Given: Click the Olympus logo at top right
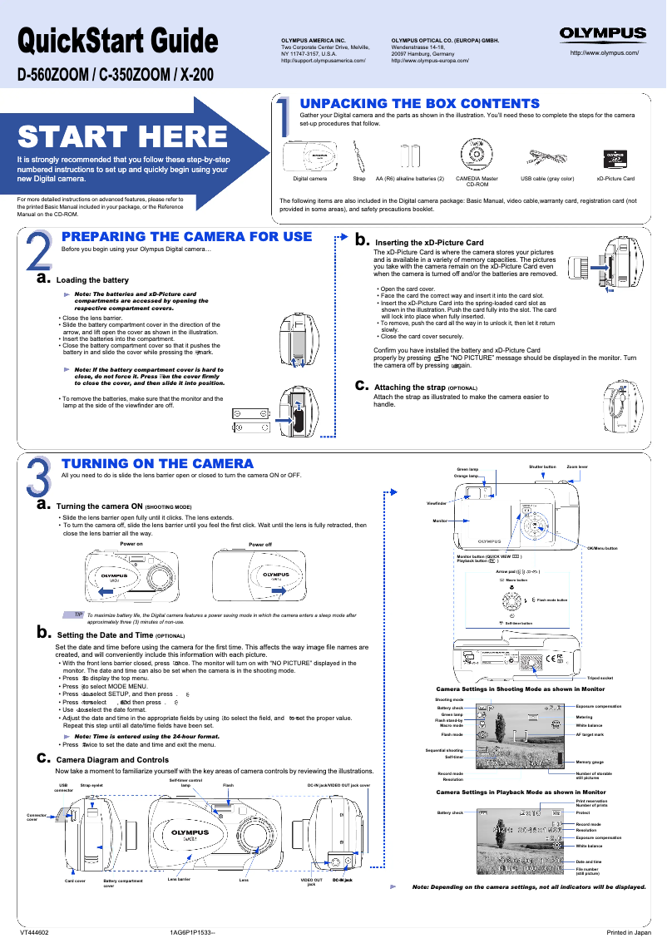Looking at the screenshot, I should coord(603,34).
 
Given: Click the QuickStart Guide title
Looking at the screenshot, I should coord(118,41).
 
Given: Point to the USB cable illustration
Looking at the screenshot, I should coord(547,157).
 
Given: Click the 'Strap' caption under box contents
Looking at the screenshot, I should coord(359,179).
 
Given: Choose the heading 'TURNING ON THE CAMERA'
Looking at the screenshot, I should coord(158,463).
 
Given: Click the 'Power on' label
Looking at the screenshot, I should coord(132,544).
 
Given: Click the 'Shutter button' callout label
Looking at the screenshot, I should coord(542,467).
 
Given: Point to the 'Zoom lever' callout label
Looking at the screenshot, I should coord(577,467).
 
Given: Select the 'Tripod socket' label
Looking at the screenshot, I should coord(600,678).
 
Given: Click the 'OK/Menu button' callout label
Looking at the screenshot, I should coord(602,549).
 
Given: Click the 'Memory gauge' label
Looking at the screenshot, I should coord(590,763).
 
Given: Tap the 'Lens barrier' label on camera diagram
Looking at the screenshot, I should coord(179,878).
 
